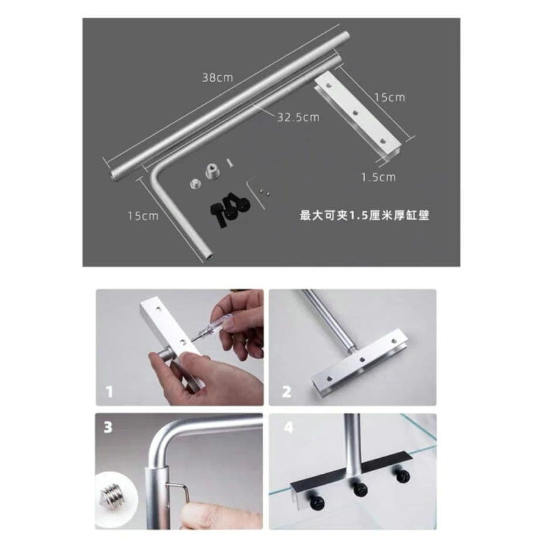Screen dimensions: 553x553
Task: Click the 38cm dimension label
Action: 217,77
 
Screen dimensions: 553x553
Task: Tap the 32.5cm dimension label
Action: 298,117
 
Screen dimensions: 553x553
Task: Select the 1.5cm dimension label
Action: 378,177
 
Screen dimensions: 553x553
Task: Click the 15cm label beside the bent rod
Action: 143,215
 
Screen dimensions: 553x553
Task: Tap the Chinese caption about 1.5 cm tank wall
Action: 364,215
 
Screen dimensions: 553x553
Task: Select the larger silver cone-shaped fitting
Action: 212,172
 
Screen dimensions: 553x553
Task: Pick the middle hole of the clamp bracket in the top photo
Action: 356,113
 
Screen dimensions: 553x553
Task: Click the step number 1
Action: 109,392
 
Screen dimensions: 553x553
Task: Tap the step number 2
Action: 286,392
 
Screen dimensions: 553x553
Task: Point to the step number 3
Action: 107,427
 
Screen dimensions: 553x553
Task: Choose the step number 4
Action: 289,427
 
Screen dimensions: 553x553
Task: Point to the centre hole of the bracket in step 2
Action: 362,360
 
